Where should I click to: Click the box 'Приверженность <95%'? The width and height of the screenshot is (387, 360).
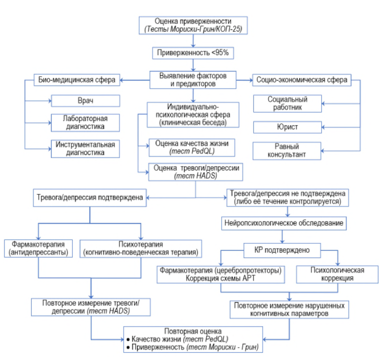193,53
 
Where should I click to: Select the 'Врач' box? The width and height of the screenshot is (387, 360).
86,101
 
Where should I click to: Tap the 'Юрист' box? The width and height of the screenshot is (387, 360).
287,127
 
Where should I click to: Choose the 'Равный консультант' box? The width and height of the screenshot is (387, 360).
287,151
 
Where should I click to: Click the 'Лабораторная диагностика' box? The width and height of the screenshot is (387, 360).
85,123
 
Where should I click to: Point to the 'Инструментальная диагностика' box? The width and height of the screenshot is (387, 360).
85,149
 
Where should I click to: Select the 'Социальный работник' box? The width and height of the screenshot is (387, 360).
287,103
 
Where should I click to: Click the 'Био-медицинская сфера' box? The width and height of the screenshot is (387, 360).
77,80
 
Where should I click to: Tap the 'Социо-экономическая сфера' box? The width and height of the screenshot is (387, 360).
302,80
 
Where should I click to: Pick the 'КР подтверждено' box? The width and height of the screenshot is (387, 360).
282,250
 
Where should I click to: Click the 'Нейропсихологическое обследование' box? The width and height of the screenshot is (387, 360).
284,223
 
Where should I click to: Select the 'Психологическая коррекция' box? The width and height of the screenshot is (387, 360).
337,274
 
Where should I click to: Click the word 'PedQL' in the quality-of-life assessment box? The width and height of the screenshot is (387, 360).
203,151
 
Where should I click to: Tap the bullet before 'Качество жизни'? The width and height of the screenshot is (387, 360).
128,340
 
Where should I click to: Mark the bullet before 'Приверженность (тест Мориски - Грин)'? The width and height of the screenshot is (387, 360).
128,347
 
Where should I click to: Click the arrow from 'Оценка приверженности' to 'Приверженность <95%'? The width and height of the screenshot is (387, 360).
193,41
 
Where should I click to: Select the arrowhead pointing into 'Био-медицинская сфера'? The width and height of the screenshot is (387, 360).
122,80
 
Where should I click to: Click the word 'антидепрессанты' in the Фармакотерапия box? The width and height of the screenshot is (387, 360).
38,253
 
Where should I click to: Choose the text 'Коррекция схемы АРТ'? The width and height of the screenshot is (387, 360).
220,279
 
